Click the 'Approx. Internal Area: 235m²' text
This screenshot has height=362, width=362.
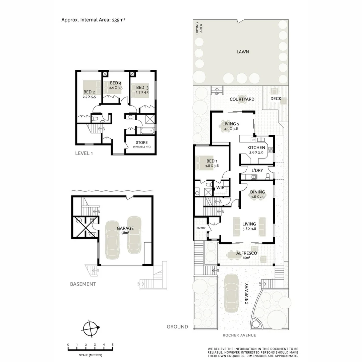click(x=93, y=19)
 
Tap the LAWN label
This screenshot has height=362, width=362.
click(x=242, y=52)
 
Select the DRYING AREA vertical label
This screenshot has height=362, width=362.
click(x=199, y=28)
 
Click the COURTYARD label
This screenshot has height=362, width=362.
click(x=242, y=99)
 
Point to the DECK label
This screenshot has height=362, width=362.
click(x=276, y=99)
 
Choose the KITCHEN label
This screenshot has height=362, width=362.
click(x=256, y=148)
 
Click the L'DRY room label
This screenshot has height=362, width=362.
click(x=257, y=170)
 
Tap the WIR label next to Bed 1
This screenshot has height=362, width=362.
click(x=220, y=188)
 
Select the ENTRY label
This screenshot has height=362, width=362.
click(x=200, y=228)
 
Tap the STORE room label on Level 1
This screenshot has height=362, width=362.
click(x=141, y=143)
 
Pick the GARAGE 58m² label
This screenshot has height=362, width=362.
click(x=125, y=230)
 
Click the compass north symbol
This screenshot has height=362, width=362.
click(x=91, y=328)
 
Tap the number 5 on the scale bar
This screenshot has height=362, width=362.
click(x=113, y=344)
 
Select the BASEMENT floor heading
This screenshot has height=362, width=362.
click(x=83, y=284)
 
